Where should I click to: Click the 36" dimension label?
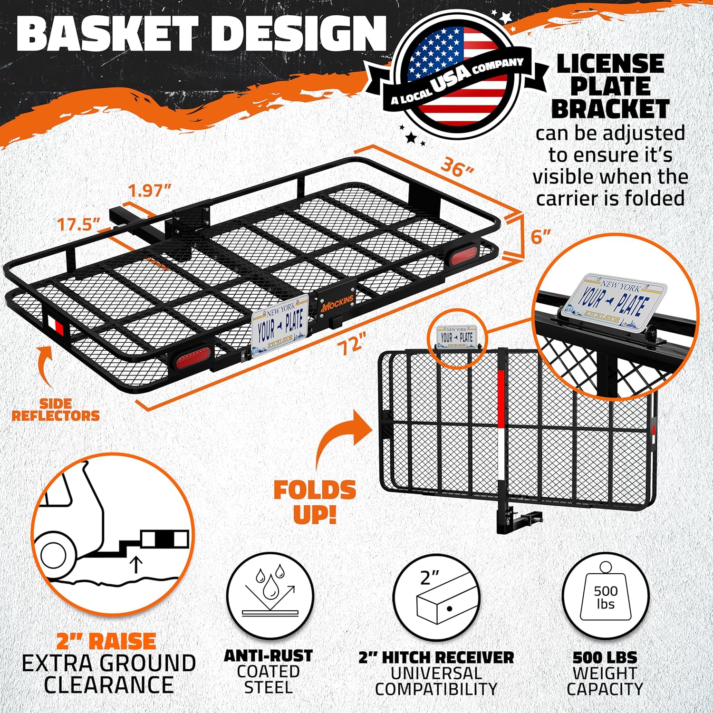(457, 167)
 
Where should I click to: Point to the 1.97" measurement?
(150, 191)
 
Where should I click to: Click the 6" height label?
(540, 236)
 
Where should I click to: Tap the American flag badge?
(456, 73)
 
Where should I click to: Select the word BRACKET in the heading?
(610, 109)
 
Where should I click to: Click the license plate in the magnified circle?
(613, 301)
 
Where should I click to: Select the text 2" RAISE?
(106, 641)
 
